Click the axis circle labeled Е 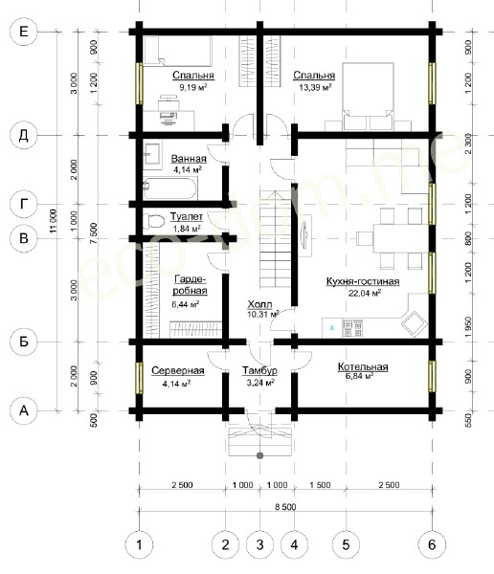(x=23, y=32)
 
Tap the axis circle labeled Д (x=23, y=136)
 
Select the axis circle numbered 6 (x=432, y=545)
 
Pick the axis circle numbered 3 (x=259, y=545)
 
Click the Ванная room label (x=189, y=159)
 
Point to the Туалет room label (x=186, y=217)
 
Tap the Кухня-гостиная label (x=363, y=281)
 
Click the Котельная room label (x=363, y=366)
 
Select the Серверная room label (x=178, y=370)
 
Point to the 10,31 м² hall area (x=262, y=314)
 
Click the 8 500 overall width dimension (x=285, y=507)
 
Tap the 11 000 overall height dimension (x=54, y=221)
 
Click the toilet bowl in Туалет (x=153, y=221)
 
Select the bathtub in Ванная (x=170, y=188)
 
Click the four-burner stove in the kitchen (x=352, y=328)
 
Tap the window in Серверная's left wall (x=139, y=378)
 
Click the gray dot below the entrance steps (x=259, y=455)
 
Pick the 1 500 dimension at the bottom (x=320, y=485)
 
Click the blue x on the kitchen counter (x=332, y=327)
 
